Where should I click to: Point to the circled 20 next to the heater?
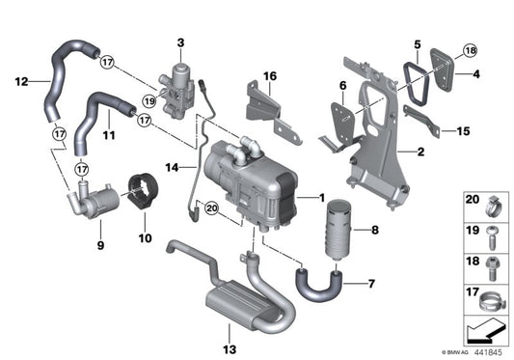pyautogui.click(x=212, y=221)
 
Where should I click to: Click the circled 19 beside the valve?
pyautogui.click(x=149, y=100)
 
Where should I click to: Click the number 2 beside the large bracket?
pyautogui.click(x=420, y=152)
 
